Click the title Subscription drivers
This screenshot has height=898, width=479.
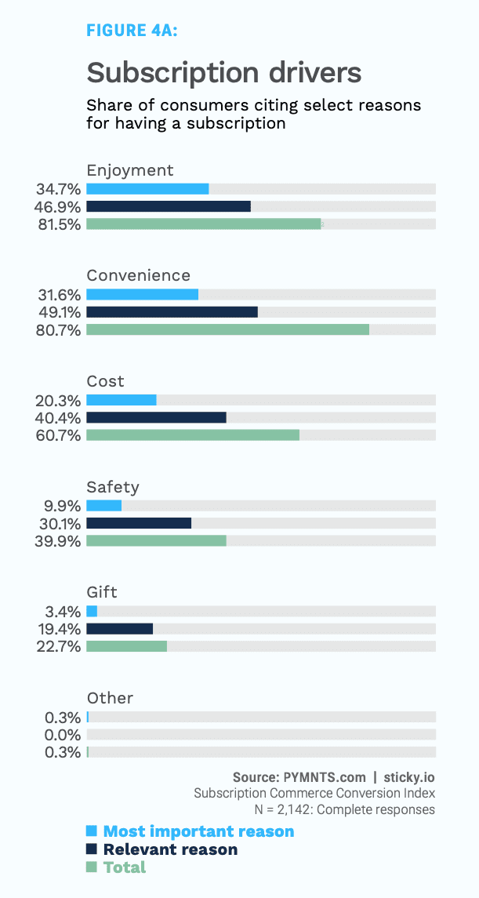(223, 72)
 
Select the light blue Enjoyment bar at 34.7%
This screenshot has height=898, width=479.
(147, 188)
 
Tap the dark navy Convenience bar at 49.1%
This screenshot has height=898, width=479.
(172, 312)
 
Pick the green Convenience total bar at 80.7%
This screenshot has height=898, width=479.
(227, 329)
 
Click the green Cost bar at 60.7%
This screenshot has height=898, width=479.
(193, 435)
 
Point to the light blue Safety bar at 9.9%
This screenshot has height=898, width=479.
(104, 506)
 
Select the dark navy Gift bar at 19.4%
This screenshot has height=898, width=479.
(119, 629)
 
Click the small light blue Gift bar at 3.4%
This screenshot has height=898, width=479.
(92, 611)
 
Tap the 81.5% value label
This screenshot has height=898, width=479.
(58, 224)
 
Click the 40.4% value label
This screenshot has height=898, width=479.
(58, 418)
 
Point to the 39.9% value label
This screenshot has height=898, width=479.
(58, 541)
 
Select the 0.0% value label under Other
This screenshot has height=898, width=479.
(63, 735)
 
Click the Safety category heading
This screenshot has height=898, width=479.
(112, 487)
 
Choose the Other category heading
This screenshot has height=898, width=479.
(110, 698)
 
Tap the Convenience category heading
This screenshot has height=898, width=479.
(138, 275)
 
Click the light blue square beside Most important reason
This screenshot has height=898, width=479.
(92, 831)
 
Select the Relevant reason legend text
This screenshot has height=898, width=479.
(170, 849)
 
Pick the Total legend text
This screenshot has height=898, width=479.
(125, 867)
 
